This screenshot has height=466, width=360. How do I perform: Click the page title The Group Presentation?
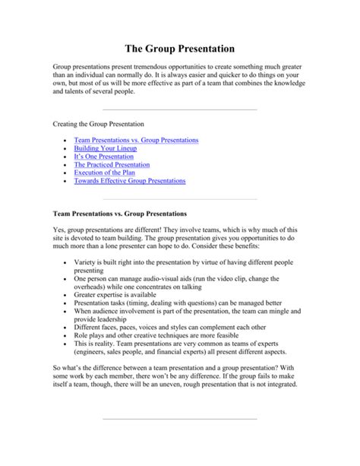coord(179,47)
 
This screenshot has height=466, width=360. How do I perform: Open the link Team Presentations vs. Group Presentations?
coord(136,141)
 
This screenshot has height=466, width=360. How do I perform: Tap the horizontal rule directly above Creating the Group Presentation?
coord(179,108)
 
